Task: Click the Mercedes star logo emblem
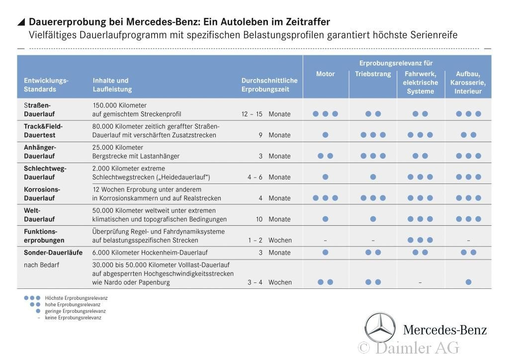(380, 328)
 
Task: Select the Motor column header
(326, 74)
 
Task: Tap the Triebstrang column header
(373, 74)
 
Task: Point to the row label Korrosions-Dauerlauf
(42, 193)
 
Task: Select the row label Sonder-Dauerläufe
(53, 252)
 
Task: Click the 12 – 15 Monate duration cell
(266, 114)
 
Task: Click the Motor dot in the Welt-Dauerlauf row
(325, 219)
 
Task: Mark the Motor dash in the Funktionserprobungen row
(325, 240)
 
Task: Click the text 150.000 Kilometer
(119, 105)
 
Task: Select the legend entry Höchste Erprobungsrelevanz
(76, 298)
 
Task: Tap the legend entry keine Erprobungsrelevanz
(73, 317)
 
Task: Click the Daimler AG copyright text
(409, 348)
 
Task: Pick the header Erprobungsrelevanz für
(396, 63)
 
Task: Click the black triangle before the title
(21, 22)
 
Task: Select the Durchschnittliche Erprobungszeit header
(269, 85)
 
